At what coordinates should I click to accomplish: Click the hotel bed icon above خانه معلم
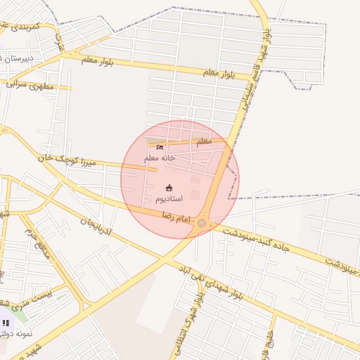tap(160, 147)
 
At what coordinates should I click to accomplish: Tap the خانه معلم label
tap(160, 158)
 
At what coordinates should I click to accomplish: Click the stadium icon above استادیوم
tap(169, 187)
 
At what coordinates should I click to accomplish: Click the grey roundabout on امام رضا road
tap(202, 224)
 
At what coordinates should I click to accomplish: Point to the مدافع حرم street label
tap(37, 243)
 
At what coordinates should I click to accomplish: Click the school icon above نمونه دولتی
tap(6, 323)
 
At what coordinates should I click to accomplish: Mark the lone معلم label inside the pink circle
tap(203, 142)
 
